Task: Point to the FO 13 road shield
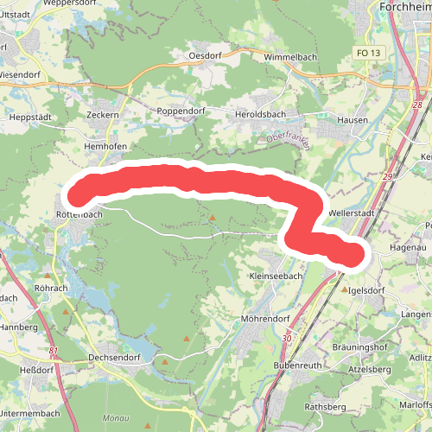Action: click(367, 53)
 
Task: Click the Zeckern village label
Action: click(103, 114)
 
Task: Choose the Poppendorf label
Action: click(178, 112)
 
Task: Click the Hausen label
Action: click(353, 119)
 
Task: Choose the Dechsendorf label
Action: click(114, 356)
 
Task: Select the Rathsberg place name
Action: click(325, 407)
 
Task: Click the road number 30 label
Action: click(287, 339)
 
